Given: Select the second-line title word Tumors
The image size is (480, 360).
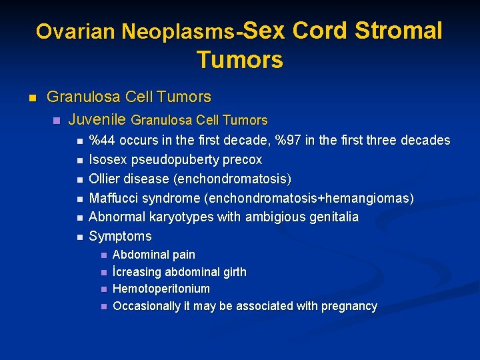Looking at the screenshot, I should (240, 60).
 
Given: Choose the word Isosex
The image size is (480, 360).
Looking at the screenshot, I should (109, 160).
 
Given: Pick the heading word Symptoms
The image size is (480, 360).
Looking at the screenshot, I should (120, 236).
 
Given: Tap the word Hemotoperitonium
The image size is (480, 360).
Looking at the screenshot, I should (161, 289).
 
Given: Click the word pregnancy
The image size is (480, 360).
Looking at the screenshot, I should (349, 306).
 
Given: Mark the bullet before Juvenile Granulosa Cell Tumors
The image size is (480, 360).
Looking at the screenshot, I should (56, 121).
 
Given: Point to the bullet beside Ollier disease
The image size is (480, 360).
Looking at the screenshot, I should (79, 179).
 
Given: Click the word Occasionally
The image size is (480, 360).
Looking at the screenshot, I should (147, 306).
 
